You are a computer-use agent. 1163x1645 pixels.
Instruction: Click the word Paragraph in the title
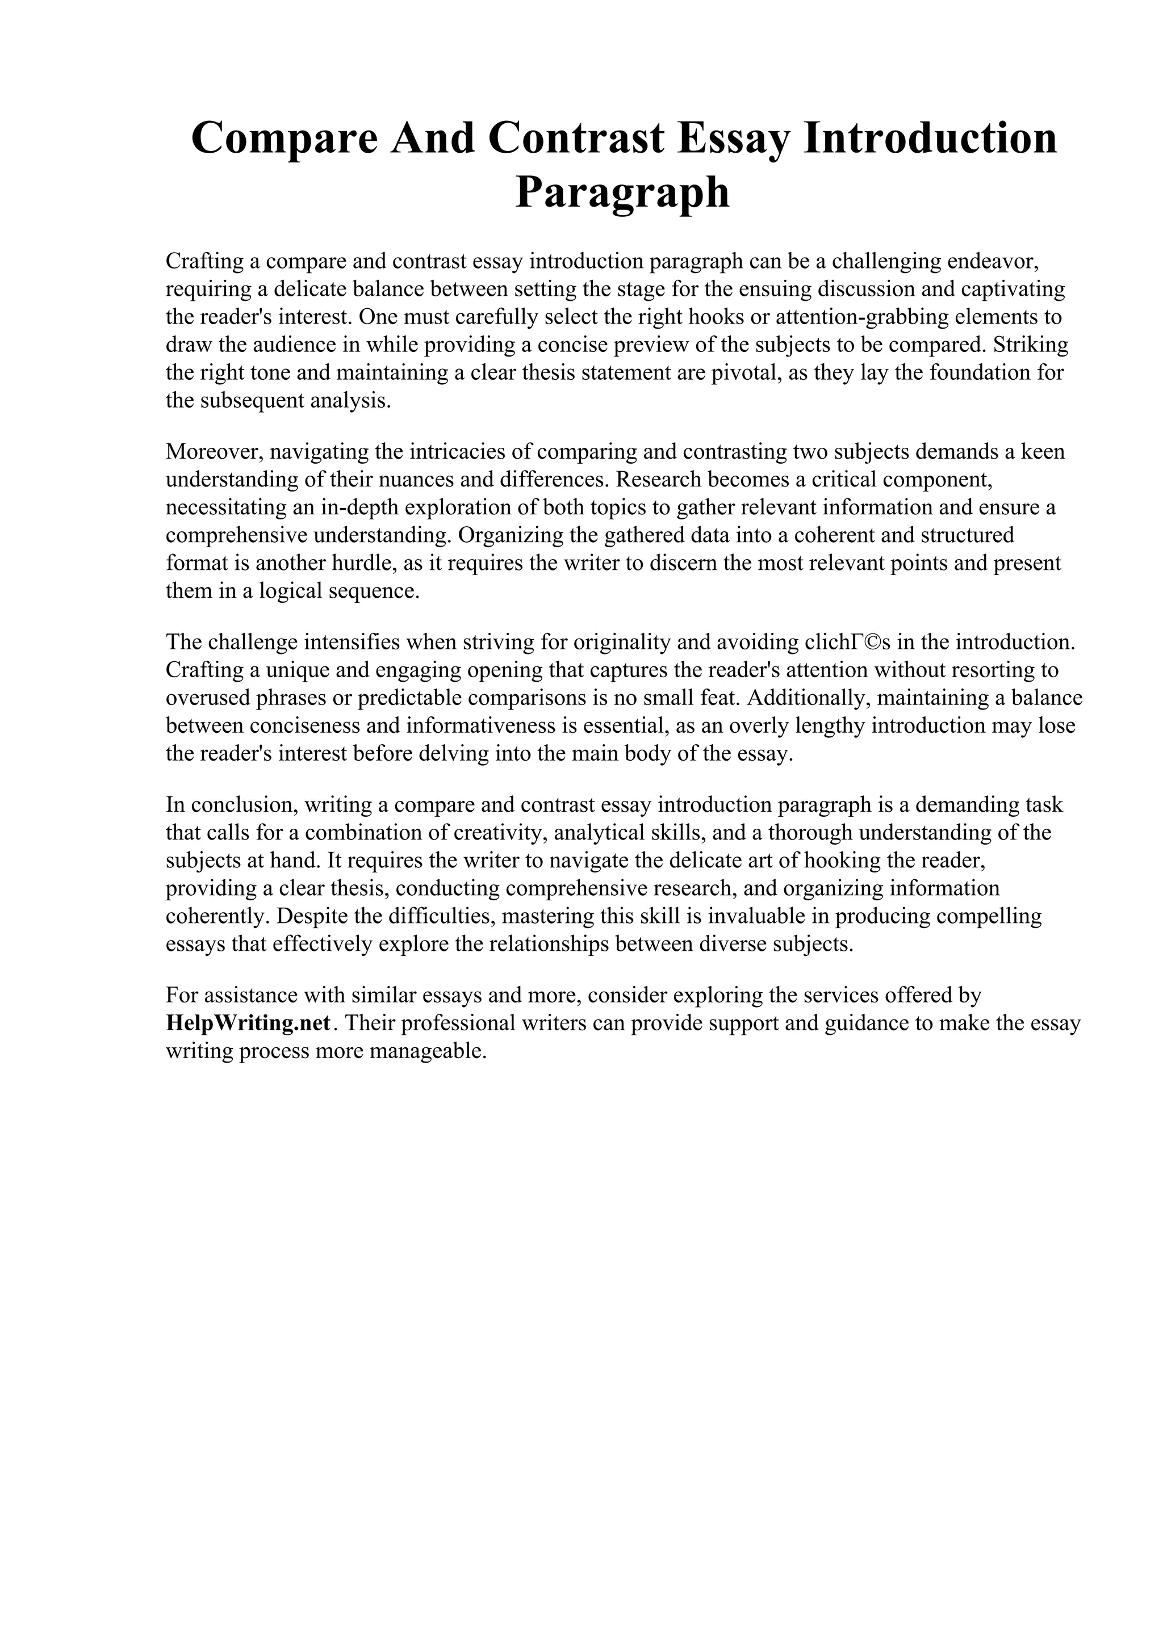point(622,194)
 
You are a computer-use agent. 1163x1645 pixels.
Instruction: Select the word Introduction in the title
point(930,139)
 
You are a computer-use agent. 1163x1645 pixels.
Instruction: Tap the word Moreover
point(216,452)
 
